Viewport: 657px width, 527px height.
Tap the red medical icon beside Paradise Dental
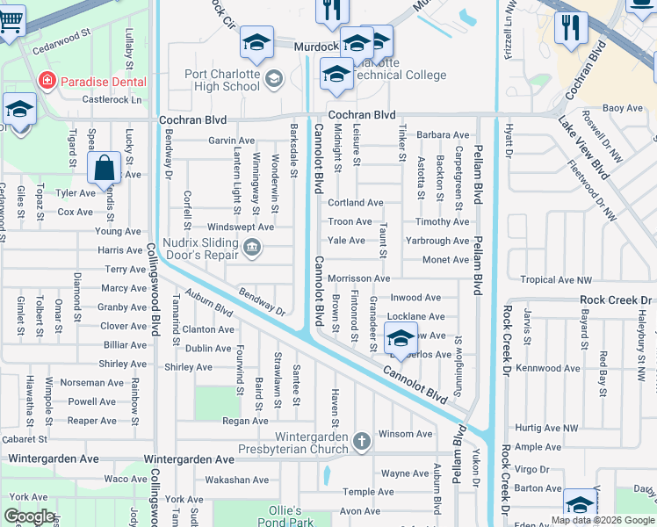pos(46,81)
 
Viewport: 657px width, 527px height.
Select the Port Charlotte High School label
pos(222,81)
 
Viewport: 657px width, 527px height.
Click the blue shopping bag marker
pos(104,168)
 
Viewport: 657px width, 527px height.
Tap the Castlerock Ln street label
pos(112,100)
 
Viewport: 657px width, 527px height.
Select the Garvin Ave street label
pos(231,141)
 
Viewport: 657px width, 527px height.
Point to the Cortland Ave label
pos(355,203)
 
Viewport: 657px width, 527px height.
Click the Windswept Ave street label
pos(241,227)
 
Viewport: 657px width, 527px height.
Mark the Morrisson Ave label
pos(358,278)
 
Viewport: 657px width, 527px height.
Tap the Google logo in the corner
pos(29,516)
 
